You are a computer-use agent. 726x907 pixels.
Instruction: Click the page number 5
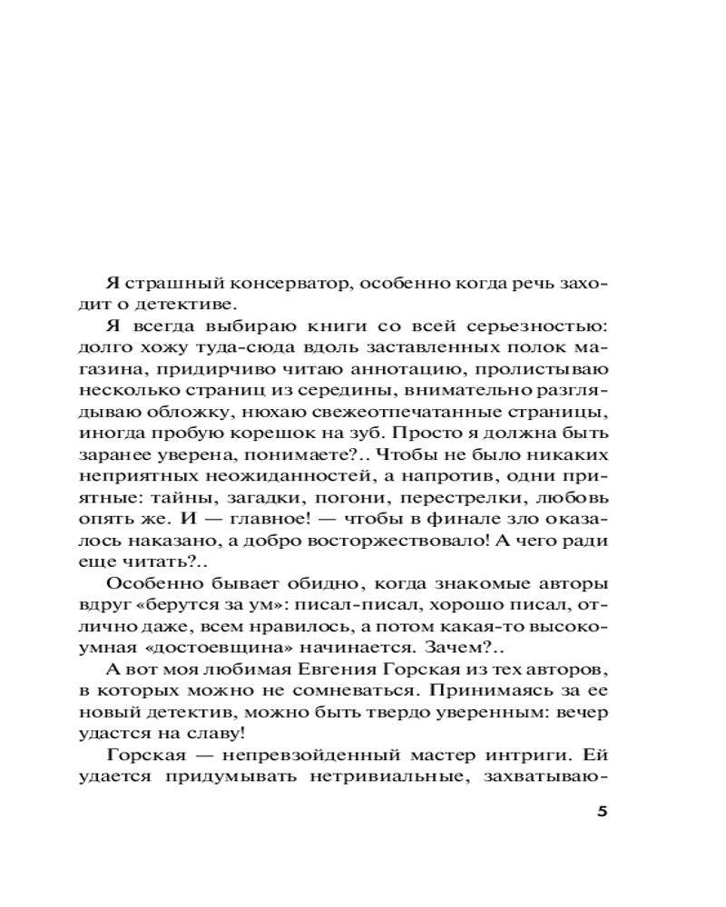point(601,811)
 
